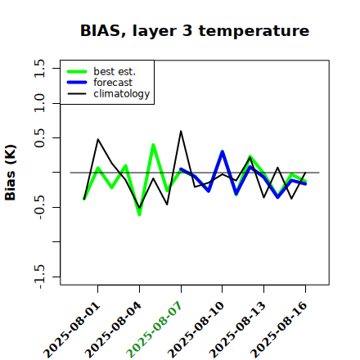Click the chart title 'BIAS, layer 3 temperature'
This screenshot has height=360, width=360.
195,31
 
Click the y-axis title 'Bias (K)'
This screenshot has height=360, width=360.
11,173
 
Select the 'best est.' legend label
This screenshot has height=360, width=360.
115,71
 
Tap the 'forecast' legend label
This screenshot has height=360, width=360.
113,83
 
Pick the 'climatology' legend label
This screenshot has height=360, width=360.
122,94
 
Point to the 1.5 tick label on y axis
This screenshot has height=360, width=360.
39,68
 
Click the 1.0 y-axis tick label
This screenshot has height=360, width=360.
39,103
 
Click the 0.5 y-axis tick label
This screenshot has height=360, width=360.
39,137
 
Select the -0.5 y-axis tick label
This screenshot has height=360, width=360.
39,207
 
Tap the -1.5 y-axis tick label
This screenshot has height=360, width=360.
39,277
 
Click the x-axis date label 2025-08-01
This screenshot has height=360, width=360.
72,330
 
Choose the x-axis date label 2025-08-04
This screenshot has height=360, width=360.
114,330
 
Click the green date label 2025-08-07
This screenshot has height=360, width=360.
155,330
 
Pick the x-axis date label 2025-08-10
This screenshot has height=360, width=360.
196,330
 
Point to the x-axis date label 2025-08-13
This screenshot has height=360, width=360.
238,330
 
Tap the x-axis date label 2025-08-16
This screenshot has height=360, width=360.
279,330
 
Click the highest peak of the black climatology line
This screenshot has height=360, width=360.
181,131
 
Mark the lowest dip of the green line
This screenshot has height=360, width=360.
139,215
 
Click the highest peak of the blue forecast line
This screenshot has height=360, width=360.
223,151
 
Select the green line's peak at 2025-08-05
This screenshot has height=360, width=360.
153,145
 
